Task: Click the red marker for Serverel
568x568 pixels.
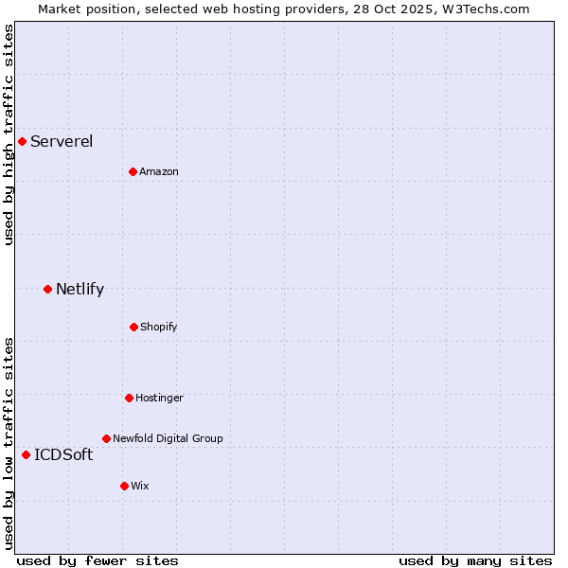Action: click(x=22, y=141)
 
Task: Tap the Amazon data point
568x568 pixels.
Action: click(x=133, y=171)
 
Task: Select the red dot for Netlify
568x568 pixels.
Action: click(x=47, y=289)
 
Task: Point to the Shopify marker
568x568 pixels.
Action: click(x=133, y=327)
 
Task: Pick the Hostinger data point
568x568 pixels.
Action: click(x=129, y=398)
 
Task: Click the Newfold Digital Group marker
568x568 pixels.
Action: click(x=106, y=438)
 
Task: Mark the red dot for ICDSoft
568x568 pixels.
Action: click(x=26, y=454)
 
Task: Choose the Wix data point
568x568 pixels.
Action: click(x=124, y=486)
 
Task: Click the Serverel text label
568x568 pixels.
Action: click(x=62, y=142)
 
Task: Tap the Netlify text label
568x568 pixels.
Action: click(x=80, y=290)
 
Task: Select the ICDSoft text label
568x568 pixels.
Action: click(x=63, y=455)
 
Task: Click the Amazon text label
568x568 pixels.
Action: click(x=159, y=172)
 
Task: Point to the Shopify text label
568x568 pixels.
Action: click(x=159, y=328)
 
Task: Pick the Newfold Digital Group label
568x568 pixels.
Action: click(x=168, y=439)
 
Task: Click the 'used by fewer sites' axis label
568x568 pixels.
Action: click(x=98, y=560)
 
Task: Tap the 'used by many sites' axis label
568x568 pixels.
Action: click(x=475, y=560)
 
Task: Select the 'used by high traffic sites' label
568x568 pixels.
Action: click(x=9, y=134)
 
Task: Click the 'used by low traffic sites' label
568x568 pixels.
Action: click(x=9, y=443)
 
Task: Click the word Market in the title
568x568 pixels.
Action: click(x=60, y=9)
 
